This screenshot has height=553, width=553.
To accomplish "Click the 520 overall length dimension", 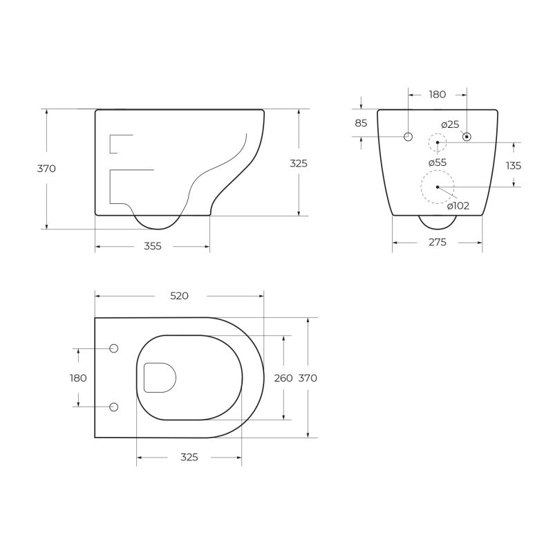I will [179, 296].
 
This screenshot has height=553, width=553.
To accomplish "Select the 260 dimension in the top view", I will [283, 378].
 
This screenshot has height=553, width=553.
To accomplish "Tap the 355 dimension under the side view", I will [152, 246].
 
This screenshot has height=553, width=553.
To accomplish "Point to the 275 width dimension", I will [437, 243].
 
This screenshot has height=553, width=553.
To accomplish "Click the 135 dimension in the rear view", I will [514, 166].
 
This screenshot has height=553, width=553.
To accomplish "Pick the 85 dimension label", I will [361, 123].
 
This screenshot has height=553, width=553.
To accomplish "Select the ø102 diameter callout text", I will [458, 205].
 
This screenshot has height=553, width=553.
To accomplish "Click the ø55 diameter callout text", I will [437, 162].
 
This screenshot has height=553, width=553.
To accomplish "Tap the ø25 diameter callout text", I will [450, 124].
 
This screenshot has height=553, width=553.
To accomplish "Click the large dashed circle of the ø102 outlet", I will [438, 187].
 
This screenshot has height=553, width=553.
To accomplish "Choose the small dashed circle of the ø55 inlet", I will [438, 143].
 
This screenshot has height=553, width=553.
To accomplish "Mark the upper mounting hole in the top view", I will [114, 348].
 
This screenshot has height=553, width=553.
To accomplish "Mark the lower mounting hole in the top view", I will [114, 406].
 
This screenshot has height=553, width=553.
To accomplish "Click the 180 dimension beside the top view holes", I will [78, 378].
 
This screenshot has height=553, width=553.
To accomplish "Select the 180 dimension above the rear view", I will [437, 95].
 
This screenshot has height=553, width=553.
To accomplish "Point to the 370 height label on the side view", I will [46, 169].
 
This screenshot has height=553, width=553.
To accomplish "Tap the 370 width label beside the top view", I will [308, 378].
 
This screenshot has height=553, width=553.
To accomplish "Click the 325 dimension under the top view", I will [189, 458].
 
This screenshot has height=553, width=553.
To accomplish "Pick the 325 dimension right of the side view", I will [299, 164].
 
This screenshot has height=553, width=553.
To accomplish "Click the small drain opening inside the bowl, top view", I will [159, 377].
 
